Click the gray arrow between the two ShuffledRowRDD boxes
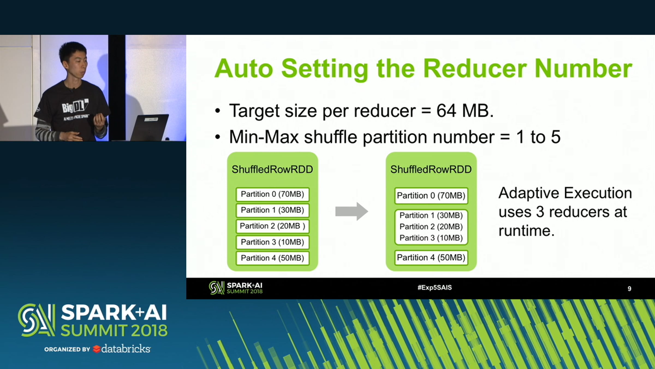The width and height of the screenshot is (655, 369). pyautogui.click(x=352, y=211)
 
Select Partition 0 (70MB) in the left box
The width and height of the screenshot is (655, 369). pyautogui.click(x=272, y=194)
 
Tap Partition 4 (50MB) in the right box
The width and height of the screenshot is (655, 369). pyautogui.click(x=431, y=257)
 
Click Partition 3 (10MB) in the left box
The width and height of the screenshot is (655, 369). pyautogui.click(x=272, y=242)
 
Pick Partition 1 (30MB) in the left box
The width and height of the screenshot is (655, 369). pyautogui.click(x=272, y=210)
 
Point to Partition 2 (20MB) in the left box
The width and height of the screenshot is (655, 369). pyautogui.click(x=272, y=226)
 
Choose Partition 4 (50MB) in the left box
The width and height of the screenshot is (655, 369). pyautogui.click(x=272, y=258)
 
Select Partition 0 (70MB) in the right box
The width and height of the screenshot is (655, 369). pyautogui.click(x=431, y=196)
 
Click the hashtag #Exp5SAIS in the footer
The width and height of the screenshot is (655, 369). pyautogui.click(x=434, y=288)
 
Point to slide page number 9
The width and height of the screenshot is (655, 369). pyautogui.click(x=629, y=289)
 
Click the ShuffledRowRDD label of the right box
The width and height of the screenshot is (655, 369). pyautogui.click(x=431, y=169)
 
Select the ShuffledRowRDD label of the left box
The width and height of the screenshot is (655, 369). pyautogui.click(x=272, y=169)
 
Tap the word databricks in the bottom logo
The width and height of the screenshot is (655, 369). pyautogui.click(x=126, y=349)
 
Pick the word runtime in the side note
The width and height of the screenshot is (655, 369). pyautogui.click(x=526, y=231)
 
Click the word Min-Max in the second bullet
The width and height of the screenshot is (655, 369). pyautogui.click(x=264, y=137)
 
